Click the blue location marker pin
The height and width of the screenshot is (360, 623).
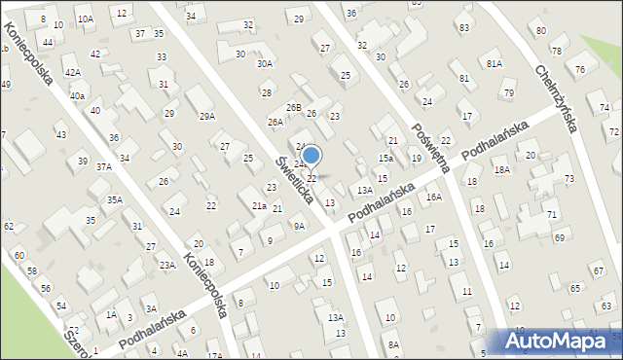311,156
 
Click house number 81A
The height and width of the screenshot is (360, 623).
495,63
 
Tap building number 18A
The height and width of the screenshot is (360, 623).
501,169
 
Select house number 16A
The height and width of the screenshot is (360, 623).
433,198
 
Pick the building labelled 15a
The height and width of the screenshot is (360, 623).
385,158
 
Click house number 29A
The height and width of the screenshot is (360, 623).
207,117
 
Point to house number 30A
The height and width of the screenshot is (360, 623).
264,63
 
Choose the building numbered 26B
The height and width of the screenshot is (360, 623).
293,107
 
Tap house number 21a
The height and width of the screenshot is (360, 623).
259,206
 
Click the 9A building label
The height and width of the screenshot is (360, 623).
299,226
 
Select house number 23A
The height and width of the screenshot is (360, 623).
167,265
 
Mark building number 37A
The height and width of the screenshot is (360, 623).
103,166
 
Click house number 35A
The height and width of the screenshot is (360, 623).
114,199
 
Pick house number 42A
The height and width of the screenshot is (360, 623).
72,72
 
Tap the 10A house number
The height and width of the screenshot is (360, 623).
86,18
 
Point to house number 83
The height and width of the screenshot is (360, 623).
463,26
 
